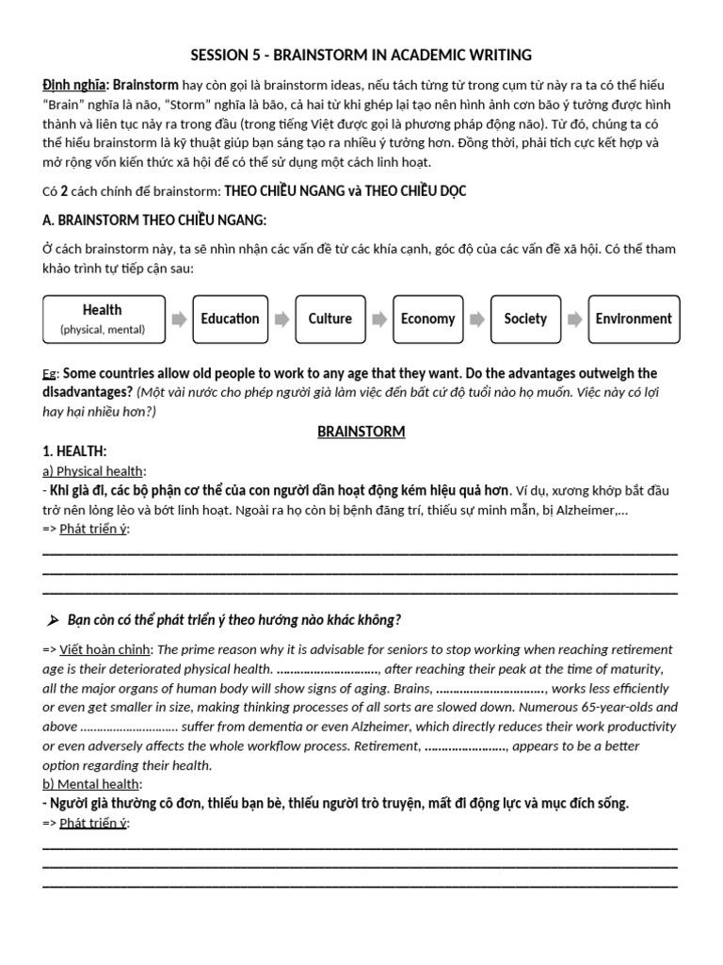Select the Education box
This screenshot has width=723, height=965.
pos(230,319)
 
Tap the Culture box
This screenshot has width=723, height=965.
pos(330,319)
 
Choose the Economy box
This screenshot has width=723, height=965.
pos(427,319)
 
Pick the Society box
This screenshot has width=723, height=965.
pos(525,319)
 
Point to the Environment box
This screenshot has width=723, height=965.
pos(634,319)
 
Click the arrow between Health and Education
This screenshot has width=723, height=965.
pos(179,319)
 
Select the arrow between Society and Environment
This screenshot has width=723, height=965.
pos(572,319)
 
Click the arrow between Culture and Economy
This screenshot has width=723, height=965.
pos(378,319)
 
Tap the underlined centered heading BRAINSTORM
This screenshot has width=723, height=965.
pos(361,432)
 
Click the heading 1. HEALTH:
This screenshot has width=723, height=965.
pos(75,451)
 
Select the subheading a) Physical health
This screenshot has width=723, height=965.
pos(94,471)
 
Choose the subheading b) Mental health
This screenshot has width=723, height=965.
pos(91,784)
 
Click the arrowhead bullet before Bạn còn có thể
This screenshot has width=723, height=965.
pos(53,619)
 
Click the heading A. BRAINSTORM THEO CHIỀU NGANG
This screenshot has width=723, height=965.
pos(155,221)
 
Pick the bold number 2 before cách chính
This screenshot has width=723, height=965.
pos(64,191)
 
